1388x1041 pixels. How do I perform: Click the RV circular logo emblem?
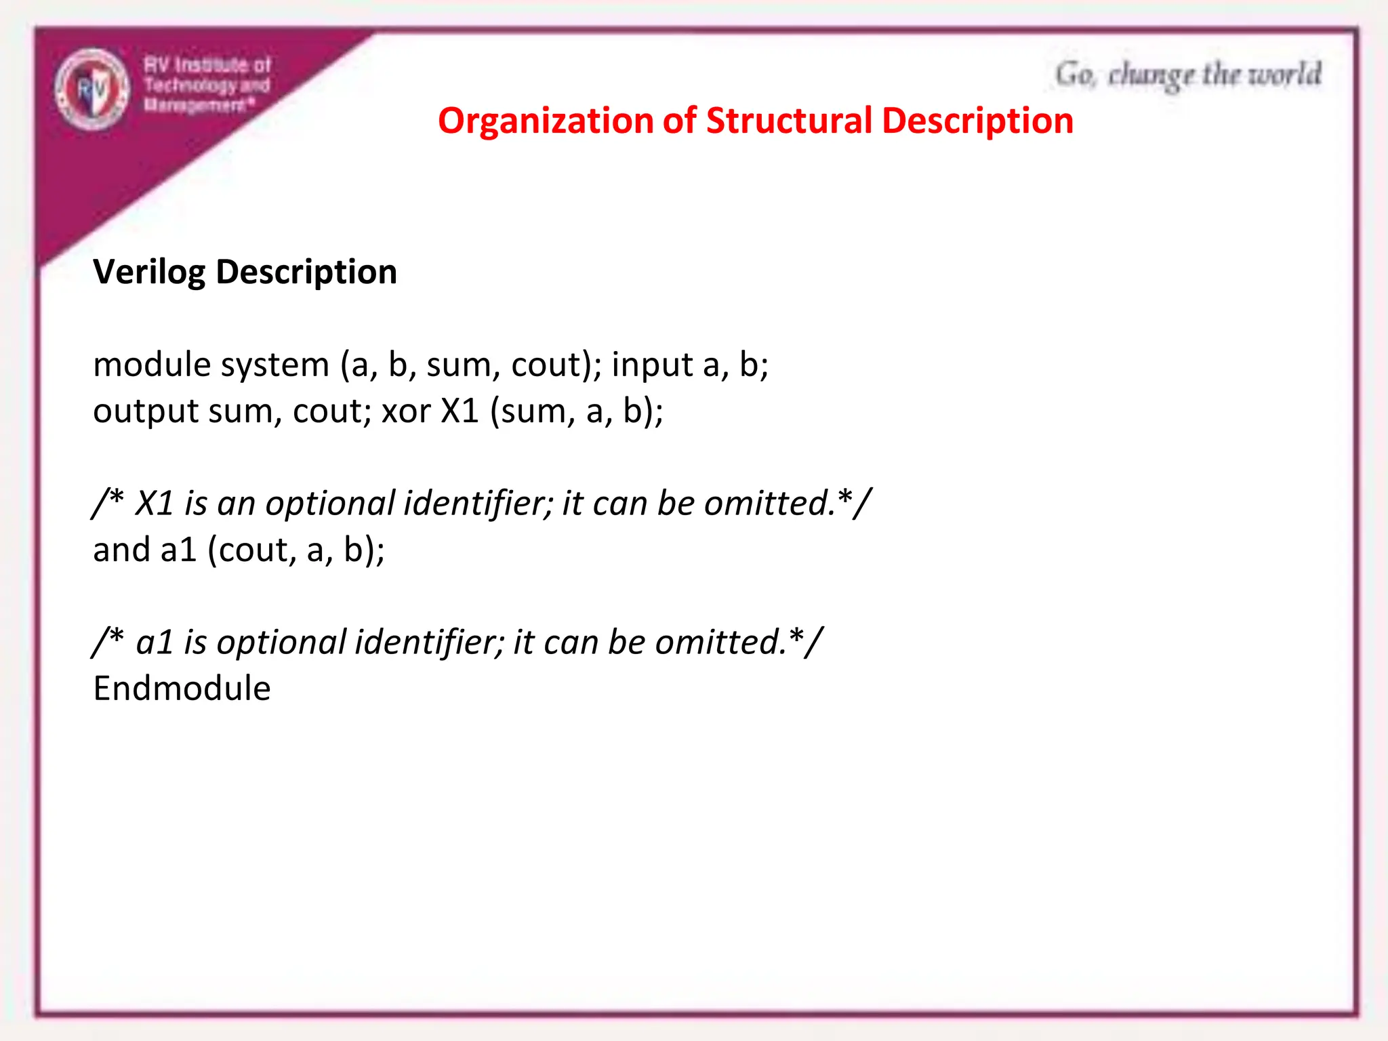[92, 89]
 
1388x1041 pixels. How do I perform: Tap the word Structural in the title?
[789, 121]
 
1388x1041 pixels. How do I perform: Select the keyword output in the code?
[146, 411]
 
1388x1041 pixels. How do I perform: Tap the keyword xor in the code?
[406, 411]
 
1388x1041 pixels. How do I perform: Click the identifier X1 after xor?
[460, 411]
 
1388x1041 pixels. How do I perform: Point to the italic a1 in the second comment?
[155, 642]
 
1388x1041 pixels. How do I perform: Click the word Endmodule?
[182, 689]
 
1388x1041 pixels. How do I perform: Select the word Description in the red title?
[977, 121]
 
